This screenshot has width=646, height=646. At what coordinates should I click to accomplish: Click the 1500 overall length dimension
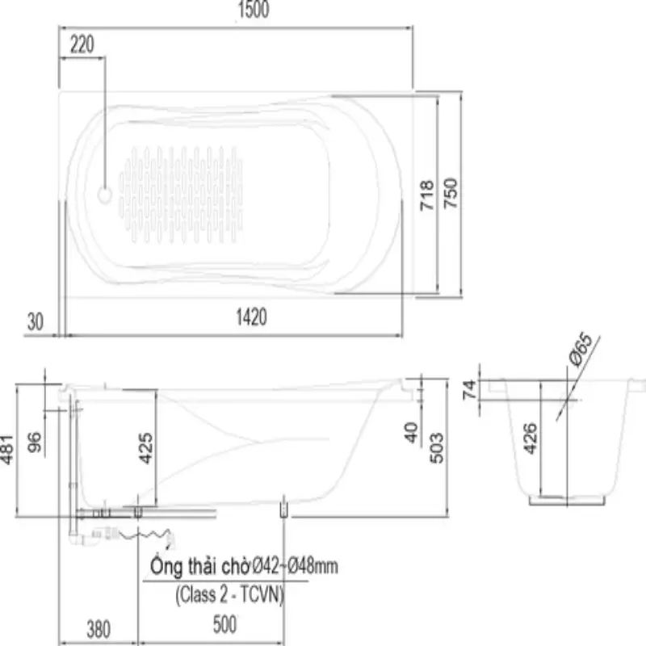pos(254,10)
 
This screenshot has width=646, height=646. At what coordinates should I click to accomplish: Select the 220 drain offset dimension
pos(82,44)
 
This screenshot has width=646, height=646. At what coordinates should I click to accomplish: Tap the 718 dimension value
pos(427,195)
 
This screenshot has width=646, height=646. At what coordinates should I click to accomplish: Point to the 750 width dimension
pos(451,193)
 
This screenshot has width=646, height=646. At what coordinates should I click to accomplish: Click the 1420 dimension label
pos(251,317)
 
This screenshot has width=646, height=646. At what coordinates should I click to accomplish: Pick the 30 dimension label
pos(35,321)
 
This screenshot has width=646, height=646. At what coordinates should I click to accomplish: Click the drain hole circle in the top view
pos(105,195)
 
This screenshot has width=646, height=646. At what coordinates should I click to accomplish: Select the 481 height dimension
pos(7,450)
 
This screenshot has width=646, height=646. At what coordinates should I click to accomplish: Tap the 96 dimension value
pos(35,442)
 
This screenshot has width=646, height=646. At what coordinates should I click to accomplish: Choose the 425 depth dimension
pos(146,448)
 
